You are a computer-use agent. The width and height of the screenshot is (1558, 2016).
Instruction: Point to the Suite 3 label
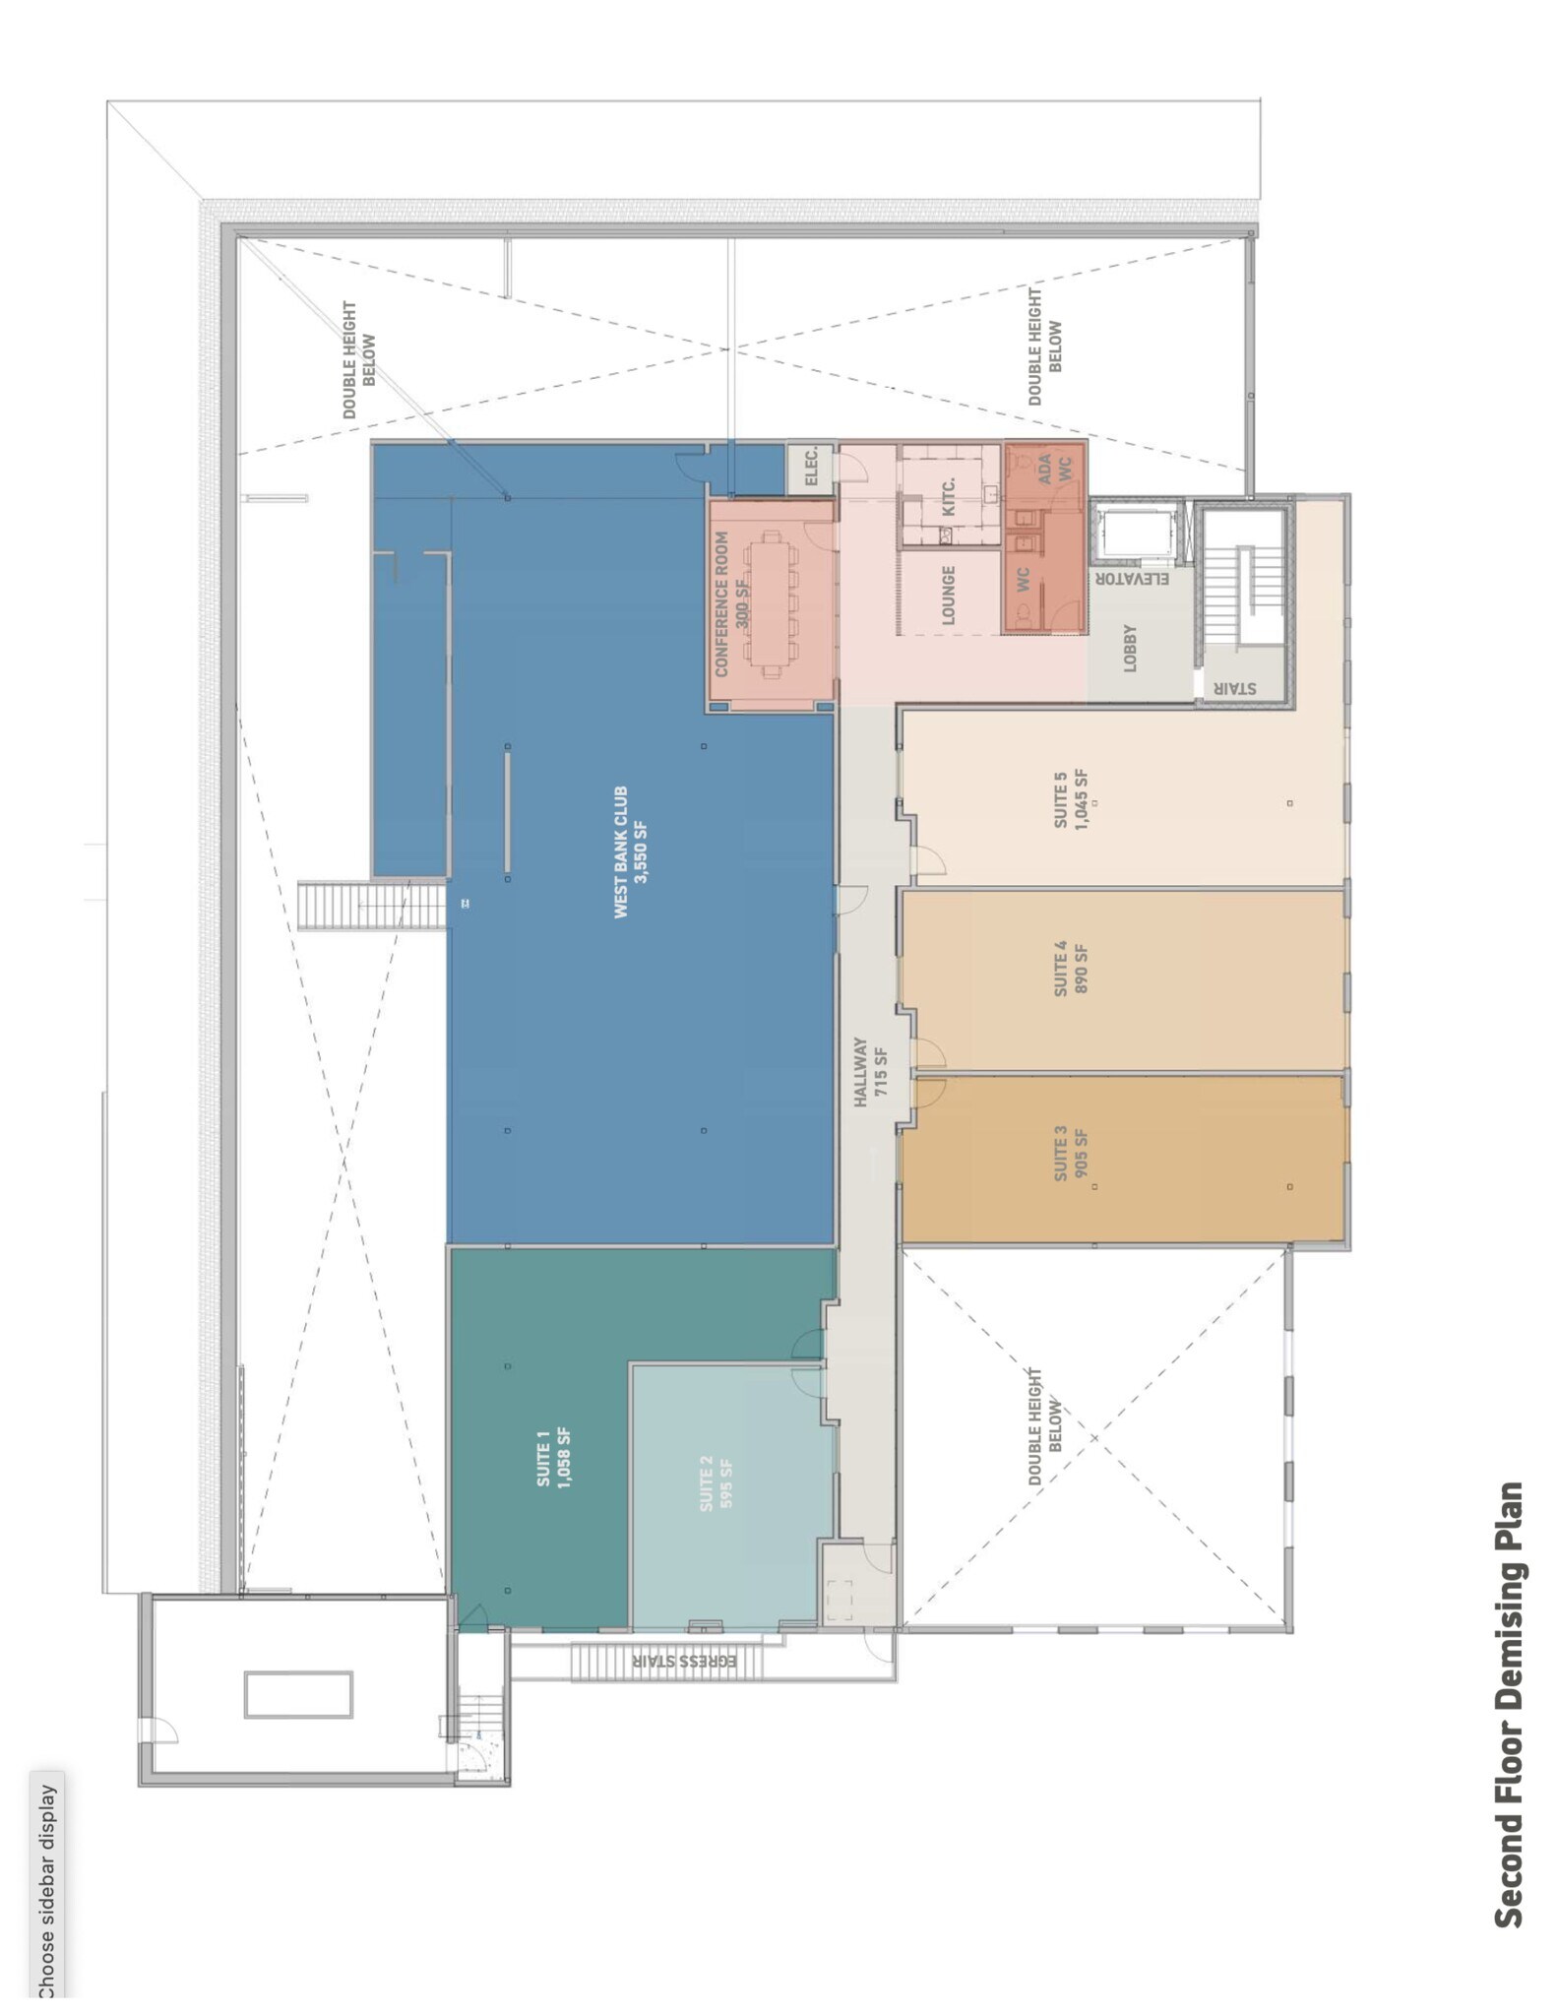coord(1070,1160)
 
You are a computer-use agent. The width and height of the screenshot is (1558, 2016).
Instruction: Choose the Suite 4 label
coord(1070,969)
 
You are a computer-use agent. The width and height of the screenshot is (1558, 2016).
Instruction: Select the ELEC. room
coord(811,468)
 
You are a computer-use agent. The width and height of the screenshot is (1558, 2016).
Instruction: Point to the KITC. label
coord(949,496)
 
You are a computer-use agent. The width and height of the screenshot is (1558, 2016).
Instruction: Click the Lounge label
coord(949,595)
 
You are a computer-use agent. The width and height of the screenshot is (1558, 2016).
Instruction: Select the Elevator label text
coord(1133,579)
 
